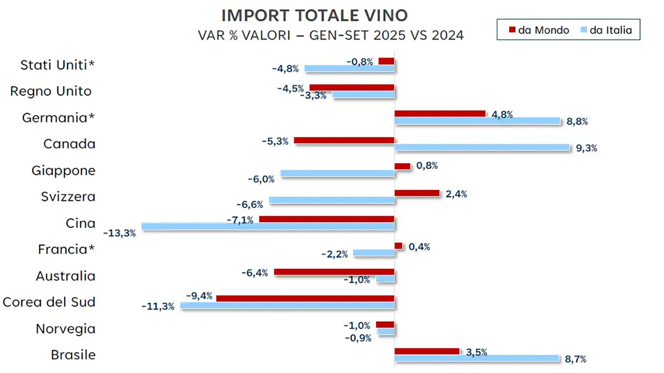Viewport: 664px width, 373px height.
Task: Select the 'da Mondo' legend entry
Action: pyautogui.click(x=539, y=30)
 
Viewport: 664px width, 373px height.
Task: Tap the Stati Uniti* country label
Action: pyautogui.click(x=58, y=65)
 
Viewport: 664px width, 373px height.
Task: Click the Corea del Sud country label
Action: pyautogui.click(x=49, y=302)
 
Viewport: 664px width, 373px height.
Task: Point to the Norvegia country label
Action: pyautogui.click(x=65, y=329)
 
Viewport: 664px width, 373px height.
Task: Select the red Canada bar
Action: pyautogui.click(x=344, y=141)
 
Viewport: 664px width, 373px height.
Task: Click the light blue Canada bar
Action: pyautogui.click(x=482, y=148)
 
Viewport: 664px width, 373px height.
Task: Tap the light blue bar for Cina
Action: pyautogui.click(x=268, y=227)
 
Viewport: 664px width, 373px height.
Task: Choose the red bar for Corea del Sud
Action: pyautogui.click(x=305, y=299)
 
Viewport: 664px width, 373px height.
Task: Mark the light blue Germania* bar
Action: pyautogui.click(x=477, y=121)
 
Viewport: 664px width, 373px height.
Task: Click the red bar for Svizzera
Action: pyautogui.click(x=417, y=193)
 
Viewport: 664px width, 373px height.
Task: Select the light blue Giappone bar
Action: pyautogui.click(x=337, y=174)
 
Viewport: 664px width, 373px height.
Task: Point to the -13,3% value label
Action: pyautogui.click(x=120, y=233)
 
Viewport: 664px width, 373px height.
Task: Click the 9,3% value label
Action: pyautogui.click(x=586, y=148)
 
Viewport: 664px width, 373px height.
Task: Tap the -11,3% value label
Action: pyautogui.click(x=158, y=306)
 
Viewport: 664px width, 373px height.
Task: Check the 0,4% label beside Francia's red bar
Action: pyautogui.click(x=419, y=247)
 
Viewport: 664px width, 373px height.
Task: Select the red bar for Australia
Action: pyautogui.click(x=334, y=272)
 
